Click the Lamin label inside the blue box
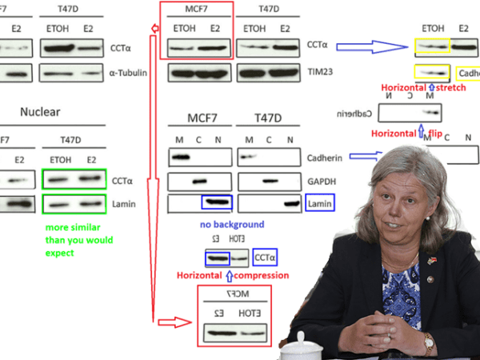pos(319,204)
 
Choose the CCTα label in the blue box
pos(265,258)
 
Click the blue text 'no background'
pos(231,225)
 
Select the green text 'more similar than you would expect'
pos(79,240)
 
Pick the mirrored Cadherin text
pos(357,113)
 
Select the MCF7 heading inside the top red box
pos(196,11)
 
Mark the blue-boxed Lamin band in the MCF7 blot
pos(216,202)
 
